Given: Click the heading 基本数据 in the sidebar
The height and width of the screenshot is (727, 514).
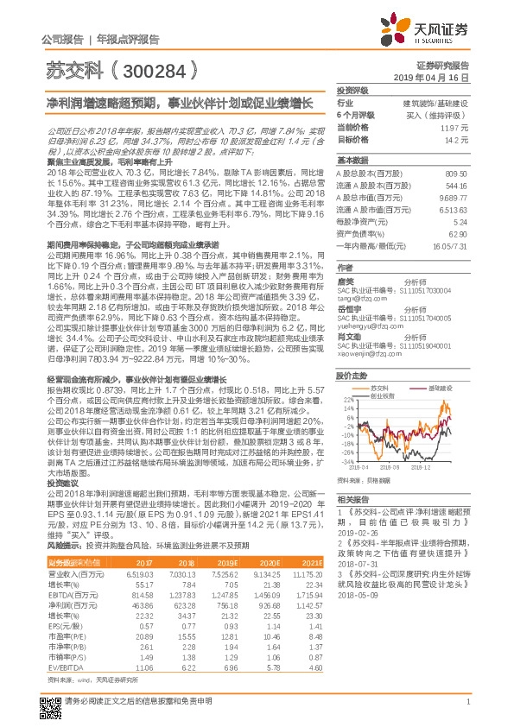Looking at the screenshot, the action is pyautogui.click(x=352, y=160).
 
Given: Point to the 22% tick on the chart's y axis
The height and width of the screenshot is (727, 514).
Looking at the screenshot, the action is pyautogui.click(x=347, y=377).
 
